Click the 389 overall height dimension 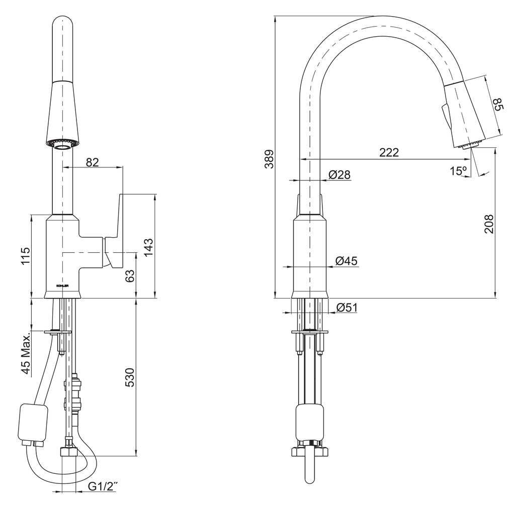click(270, 159)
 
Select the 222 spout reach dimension click(389, 153)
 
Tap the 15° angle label click(459, 171)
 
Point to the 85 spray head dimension click(498, 104)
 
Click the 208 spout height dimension click(489, 224)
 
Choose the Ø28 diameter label click(339, 174)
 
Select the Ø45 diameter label click(347, 261)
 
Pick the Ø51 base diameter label click(347, 308)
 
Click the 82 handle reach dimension click(93, 162)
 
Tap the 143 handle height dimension click(148, 248)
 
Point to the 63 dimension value click(130, 276)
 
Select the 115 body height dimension click(25, 256)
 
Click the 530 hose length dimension click(130, 377)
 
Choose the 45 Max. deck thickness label click(26, 352)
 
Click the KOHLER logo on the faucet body click(63, 286)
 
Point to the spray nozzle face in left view click(63, 144)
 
